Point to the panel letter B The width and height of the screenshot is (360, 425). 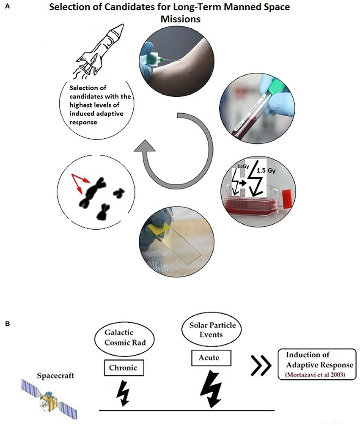coord(7,324)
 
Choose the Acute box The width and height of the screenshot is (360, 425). coord(209,357)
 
